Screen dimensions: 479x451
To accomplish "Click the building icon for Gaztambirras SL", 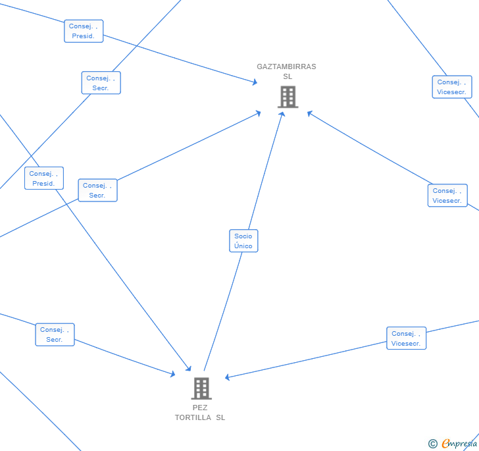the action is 288,97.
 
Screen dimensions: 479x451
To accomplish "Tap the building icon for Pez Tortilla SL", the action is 201,388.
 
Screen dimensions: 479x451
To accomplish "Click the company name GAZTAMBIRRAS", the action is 286,66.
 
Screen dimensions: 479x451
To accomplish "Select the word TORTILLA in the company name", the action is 193,417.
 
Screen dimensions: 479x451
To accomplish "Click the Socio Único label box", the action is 243,241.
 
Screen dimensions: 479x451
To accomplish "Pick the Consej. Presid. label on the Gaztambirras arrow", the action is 84,31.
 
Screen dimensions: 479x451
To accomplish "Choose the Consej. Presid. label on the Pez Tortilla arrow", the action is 44,178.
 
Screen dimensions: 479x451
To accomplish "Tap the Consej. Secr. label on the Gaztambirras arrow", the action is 97,190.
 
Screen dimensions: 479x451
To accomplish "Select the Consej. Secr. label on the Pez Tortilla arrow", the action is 55,334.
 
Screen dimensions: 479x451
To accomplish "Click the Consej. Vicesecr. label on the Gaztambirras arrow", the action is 447,196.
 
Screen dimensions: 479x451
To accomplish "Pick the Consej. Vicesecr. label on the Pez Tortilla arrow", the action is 406,338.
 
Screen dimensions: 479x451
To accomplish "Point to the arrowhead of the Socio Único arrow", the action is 283,114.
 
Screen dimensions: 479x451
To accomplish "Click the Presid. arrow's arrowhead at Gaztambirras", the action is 255,82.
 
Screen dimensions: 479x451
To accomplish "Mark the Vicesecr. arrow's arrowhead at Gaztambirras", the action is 309,114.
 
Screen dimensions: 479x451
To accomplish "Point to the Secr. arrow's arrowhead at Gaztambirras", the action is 259,113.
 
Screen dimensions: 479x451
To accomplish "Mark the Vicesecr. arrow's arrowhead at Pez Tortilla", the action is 227,377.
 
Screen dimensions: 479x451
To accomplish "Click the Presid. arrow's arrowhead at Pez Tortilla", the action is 189,369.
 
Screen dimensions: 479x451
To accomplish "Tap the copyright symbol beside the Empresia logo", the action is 433,444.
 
